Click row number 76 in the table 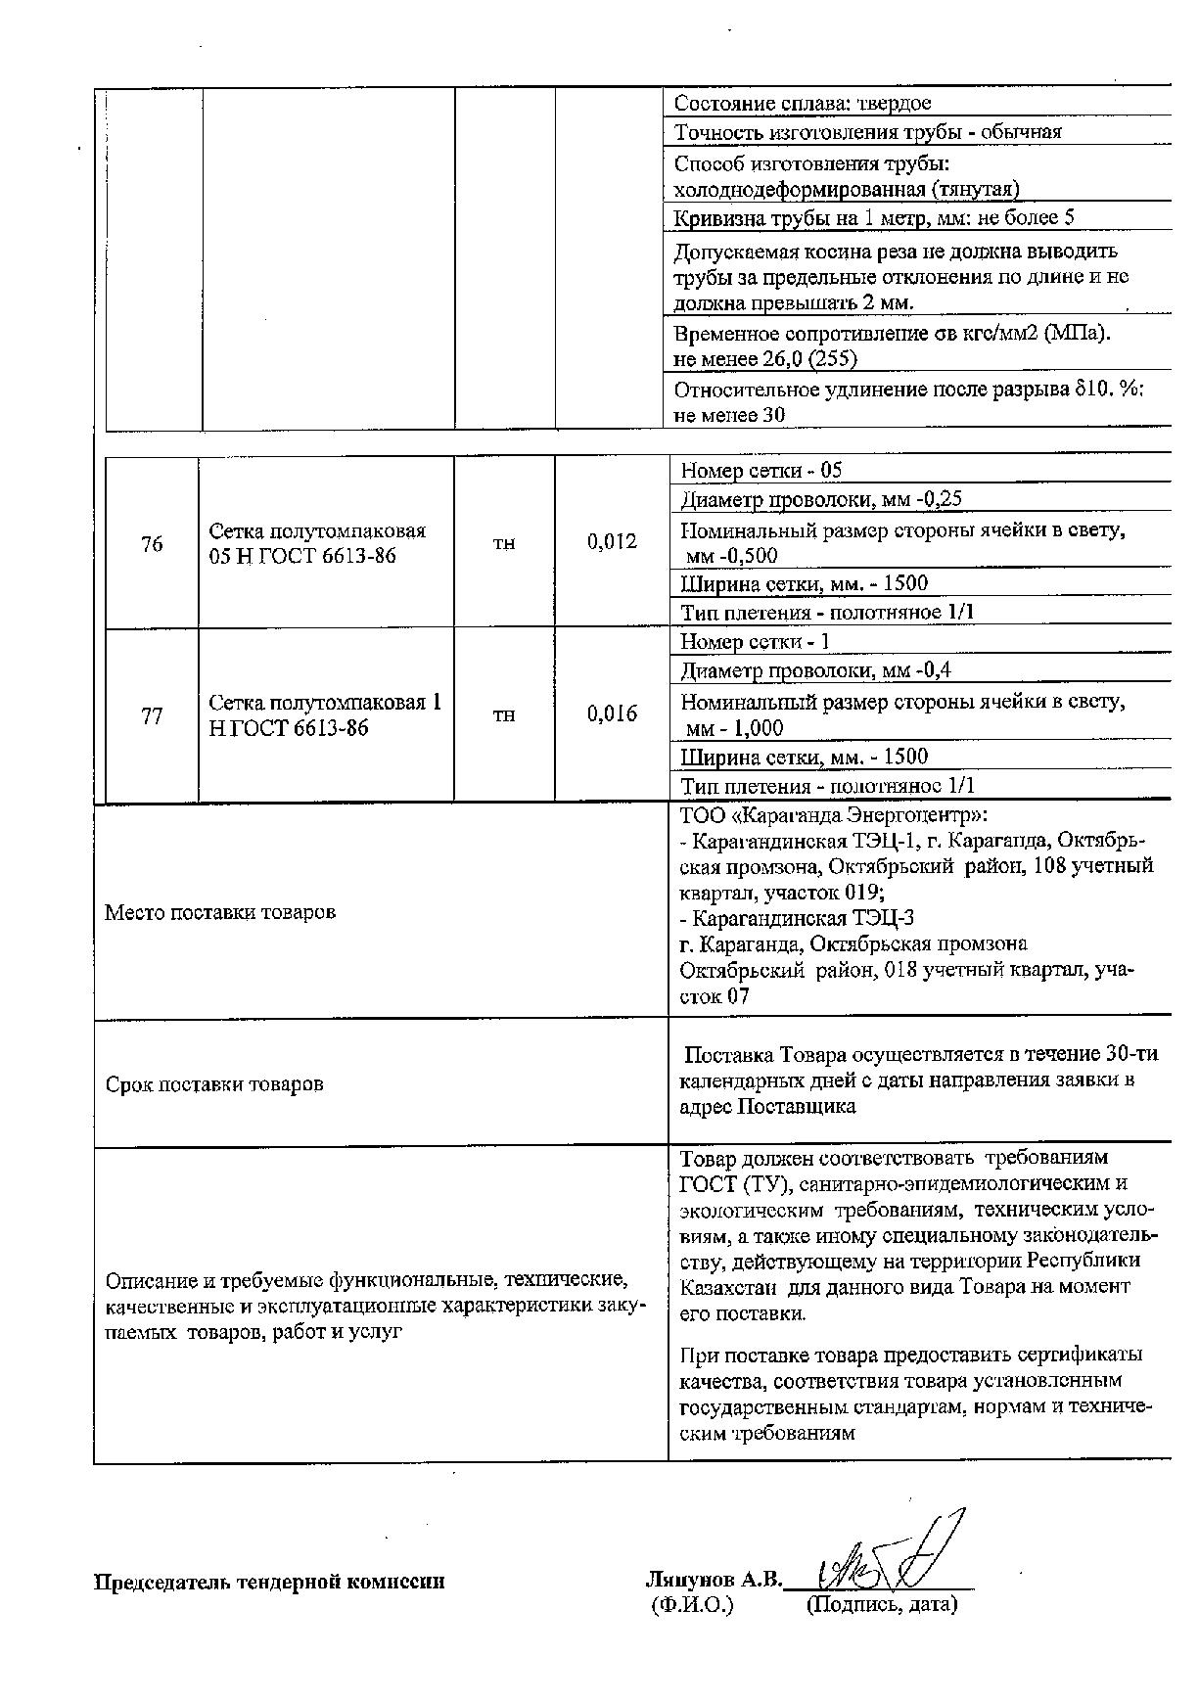pyautogui.click(x=152, y=544)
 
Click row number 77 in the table pyautogui.click(x=152, y=716)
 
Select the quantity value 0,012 pyautogui.click(x=612, y=541)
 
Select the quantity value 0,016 pyautogui.click(x=612, y=713)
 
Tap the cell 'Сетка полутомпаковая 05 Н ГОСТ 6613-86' pyautogui.click(x=317, y=544)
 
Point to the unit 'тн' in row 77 pyautogui.click(x=503, y=715)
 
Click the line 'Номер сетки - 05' pyautogui.click(x=761, y=471)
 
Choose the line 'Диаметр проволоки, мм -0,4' pyautogui.click(x=815, y=670)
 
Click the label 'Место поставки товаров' pyautogui.click(x=220, y=912)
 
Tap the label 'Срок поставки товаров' pyautogui.click(x=214, y=1084)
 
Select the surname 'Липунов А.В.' pyautogui.click(x=715, y=1580)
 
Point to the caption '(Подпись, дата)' pyautogui.click(x=881, y=1605)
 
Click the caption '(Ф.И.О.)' pyautogui.click(x=691, y=1605)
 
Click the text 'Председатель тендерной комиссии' pyautogui.click(x=269, y=1581)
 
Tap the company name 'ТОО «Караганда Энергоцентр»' pyautogui.click(x=833, y=814)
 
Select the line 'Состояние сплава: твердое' pyautogui.click(x=803, y=104)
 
